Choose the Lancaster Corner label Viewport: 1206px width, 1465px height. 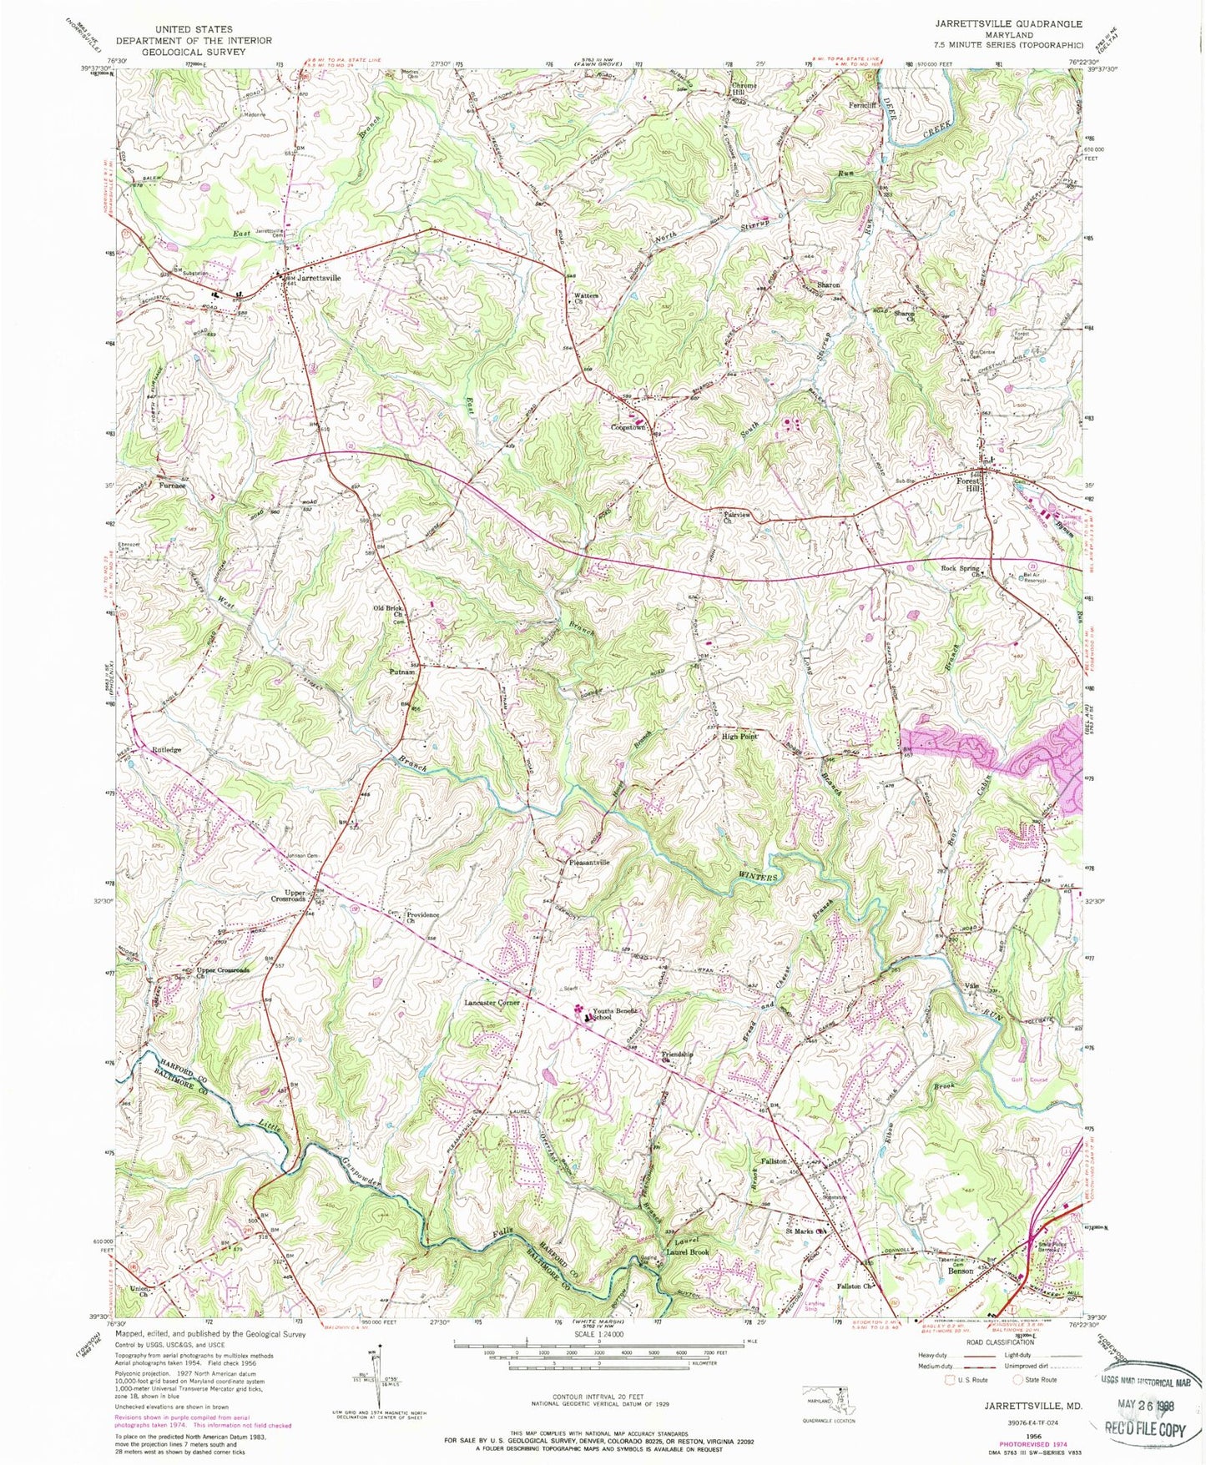pos(492,1003)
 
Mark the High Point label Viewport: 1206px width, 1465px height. pos(739,737)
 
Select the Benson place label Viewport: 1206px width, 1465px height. pos(960,1271)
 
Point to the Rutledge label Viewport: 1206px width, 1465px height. pos(166,750)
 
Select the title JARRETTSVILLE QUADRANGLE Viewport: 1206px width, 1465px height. pos(1017,24)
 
